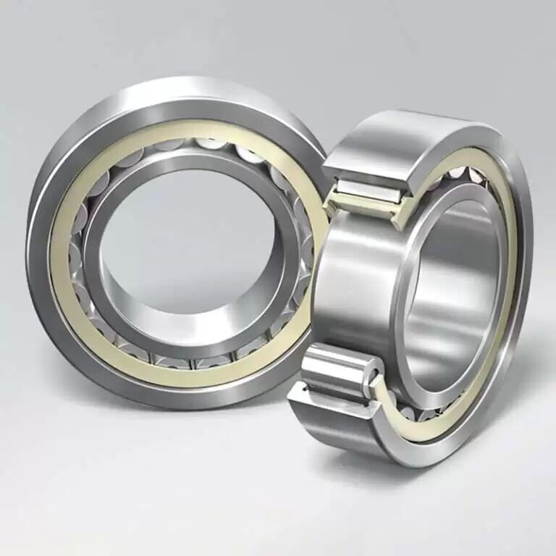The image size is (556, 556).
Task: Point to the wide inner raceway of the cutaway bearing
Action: pos(355,290)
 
